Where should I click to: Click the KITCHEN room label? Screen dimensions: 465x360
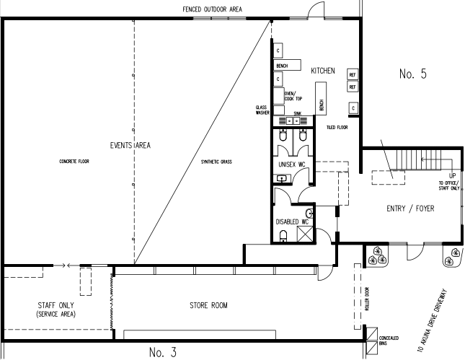(x=323, y=71)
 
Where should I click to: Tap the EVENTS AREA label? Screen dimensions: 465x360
(x=130, y=145)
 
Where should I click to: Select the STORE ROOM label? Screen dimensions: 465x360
(x=208, y=305)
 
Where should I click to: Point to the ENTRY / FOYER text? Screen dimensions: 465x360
(x=410, y=208)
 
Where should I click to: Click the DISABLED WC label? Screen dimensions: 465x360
(x=292, y=221)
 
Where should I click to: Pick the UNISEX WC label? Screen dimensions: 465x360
(x=292, y=164)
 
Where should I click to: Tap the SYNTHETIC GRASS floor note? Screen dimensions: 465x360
(x=216, y=162)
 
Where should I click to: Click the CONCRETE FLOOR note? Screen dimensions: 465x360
(x=74, y=162)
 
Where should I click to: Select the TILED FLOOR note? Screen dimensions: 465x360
(x=337, y=127)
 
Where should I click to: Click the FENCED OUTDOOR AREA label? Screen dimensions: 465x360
(x=212, y=9)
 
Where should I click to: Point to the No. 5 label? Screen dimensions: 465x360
(x=413, y=74)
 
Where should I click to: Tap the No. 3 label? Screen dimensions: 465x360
(x=163, y=352)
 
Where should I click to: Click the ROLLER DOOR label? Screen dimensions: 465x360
(x=367, y=299)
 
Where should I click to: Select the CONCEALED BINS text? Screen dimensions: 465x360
(x=389, y=341)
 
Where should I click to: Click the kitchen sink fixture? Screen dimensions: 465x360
(x=293, y=120)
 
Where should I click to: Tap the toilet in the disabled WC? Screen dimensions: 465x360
(x=283, y=236)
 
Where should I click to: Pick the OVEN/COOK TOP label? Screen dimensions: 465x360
(x=293, y=96)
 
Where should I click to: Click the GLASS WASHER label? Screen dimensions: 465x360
(x=262, y=110)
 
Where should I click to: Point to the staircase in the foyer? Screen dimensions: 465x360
(x=419, y=160)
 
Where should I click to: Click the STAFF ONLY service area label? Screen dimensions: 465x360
(x=56, y=309)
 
